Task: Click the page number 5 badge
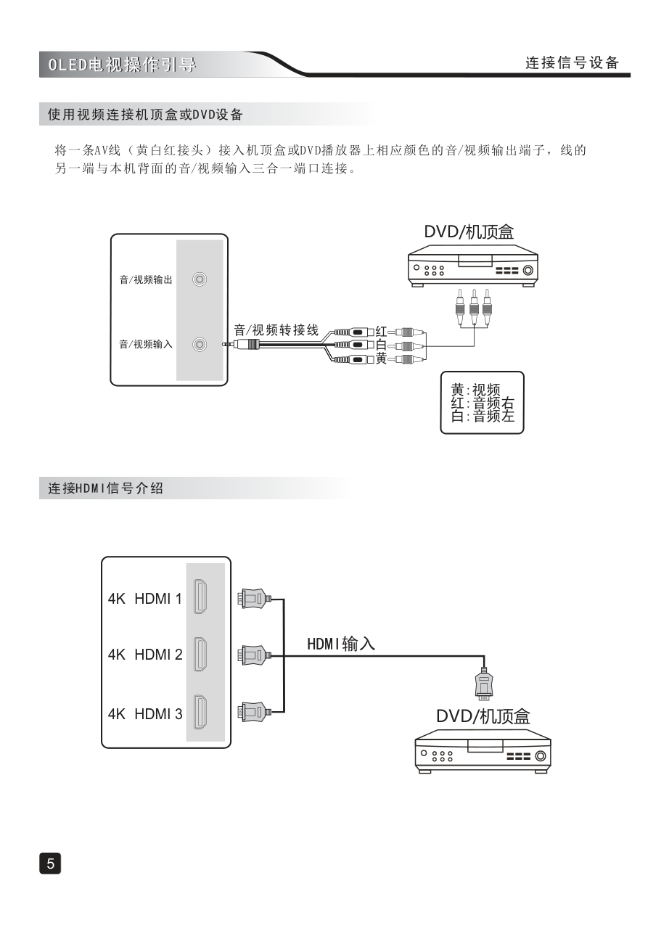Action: pyautogui.click(x=50, y=863)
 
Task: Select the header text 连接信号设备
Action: pyautogui.click(x=572, y=62)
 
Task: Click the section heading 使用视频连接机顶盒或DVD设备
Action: pyautogui.click(x=145, y=115)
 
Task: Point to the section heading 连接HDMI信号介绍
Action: pyautogui.click(x=106, y=488)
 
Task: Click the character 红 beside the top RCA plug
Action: pyautogui.click(x=382, y=332)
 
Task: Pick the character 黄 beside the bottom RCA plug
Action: pyautogui.click(x=382, y=358)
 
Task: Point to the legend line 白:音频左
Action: pyautogui.click(x=483, y=417)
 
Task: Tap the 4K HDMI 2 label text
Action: pyautogui.click(x=145, y=655)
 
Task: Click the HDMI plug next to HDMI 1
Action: pyautogui.click(x=253, y=599)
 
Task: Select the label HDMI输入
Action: pyautogui.click(x=340, y=643)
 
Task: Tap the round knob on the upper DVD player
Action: pyautogui.click(x=528, y=271)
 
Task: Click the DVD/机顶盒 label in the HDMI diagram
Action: pyautogui.click(x=483, y=716)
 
